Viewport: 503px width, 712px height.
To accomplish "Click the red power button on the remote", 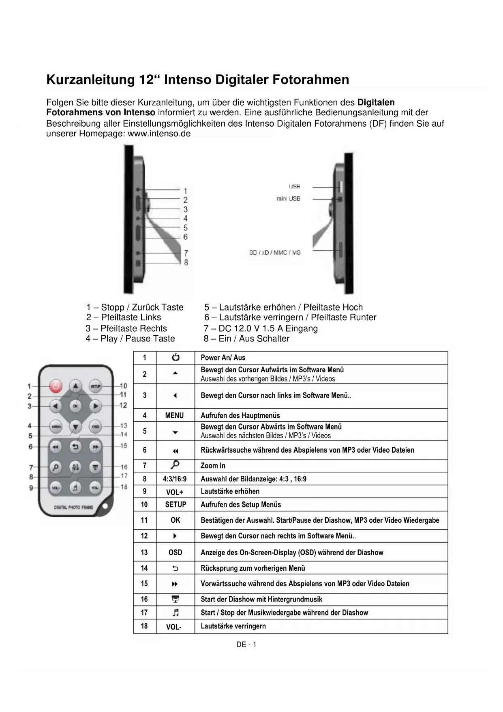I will click(56, 386).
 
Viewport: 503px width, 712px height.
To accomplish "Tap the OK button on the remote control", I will click(75, 406).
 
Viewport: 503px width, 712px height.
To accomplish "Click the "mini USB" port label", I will click(288, 199).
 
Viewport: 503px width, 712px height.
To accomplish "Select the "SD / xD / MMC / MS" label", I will click(275, 252).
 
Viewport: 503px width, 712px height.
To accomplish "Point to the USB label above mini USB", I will click(294, 186).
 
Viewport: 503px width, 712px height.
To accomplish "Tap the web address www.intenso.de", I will click(159, 134).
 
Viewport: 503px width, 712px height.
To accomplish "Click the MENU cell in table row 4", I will click(175, 415).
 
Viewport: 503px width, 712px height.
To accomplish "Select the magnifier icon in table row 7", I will click(175, 465).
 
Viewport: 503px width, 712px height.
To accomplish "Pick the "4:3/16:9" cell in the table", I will click(175, 479).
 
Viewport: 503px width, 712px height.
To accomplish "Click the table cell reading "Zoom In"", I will click(213, 466).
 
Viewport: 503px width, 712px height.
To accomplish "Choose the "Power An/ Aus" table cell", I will click(223, 358).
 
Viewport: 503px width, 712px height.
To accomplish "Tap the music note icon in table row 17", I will click(175, 612).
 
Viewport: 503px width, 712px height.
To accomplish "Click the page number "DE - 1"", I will click(246, 645).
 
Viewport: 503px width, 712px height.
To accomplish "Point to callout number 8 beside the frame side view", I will click(186, 262).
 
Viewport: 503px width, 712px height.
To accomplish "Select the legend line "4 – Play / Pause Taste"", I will click(130, 339).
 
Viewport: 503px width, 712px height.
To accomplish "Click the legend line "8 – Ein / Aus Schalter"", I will click(246, 339).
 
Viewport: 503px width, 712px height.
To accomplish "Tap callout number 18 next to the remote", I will click(124, 487).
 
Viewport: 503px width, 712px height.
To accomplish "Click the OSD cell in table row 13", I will click(175, 552).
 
